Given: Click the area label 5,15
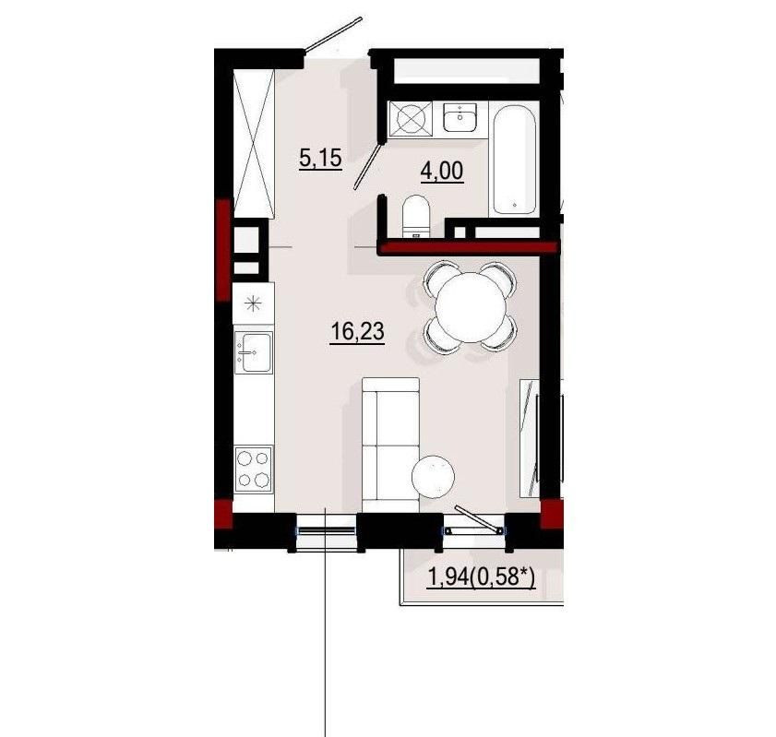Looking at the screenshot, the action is tap(321, 160).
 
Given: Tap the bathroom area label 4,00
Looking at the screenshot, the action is tap(442, 172).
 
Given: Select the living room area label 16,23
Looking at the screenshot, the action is tap(357, 331).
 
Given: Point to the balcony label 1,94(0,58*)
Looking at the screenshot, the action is tap(481, 577).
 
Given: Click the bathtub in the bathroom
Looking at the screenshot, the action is tap(514, 160).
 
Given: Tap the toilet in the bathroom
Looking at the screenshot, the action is tap(415, 217).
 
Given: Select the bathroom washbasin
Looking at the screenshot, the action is tap(460, 117).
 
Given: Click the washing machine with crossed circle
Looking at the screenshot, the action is tap(411, 119).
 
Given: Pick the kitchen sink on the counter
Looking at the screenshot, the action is tap(253, 352).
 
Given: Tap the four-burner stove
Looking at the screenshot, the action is tap(254, 469).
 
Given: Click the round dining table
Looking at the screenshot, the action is tap(471, 306).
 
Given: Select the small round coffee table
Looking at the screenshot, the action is tap(433, 476).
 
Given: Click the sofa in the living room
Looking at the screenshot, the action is tap(391, 446).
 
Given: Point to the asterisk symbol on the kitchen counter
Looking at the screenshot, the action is tap(253, 303).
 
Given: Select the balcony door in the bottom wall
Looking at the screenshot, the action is tap(474, 530).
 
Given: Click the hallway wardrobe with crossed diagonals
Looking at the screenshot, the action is tap(254, 142).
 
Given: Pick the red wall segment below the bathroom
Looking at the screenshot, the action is tap(468, 247).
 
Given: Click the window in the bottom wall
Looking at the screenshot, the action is tap(326, 530).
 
